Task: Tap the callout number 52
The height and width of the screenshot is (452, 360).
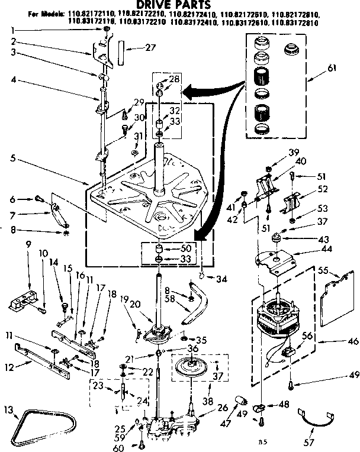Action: click(x=323, y=189)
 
